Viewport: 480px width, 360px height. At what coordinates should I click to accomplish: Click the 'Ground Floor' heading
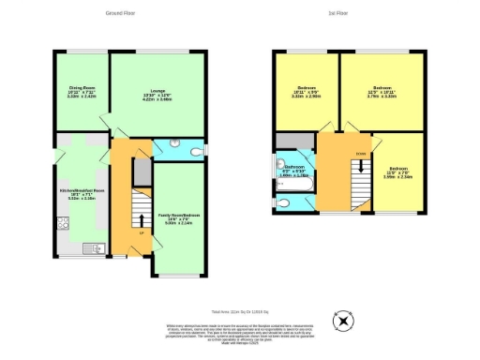coord(120,13)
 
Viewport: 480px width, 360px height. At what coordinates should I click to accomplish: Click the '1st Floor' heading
coord(337,13)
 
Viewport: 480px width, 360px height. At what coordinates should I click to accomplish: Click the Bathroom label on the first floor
coord(296,172)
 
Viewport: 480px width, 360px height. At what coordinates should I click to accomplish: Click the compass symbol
coord(344,321)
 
